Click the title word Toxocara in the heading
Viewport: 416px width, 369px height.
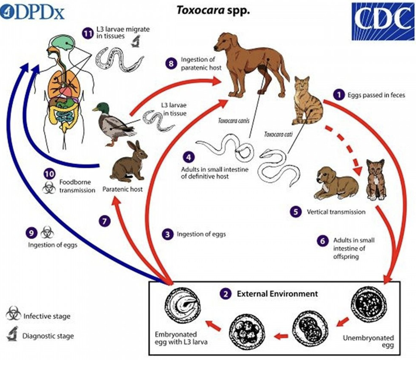point(200,10)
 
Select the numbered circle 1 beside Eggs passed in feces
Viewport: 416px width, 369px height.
point(339,95)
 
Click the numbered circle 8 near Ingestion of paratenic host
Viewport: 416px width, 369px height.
point(171,64)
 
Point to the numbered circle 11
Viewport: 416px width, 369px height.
point(87,33)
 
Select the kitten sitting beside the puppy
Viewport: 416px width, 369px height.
point(376,181)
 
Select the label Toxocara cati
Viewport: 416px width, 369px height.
point(278,134)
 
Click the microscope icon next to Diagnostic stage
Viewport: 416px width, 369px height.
point(12,334)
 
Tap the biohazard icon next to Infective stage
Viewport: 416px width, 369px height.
point(13,314)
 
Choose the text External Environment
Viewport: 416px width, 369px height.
point(277,294)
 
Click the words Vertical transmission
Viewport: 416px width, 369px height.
point(336,212)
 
